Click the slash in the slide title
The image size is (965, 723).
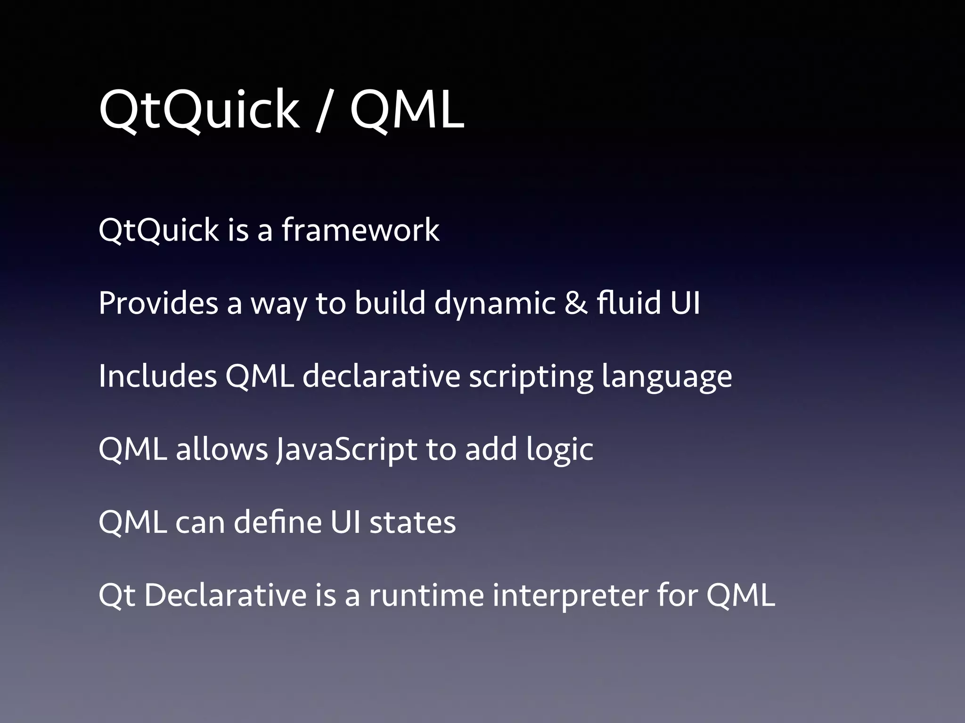coord(324,111)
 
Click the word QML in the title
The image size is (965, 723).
coord(407,111)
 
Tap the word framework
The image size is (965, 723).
coord(360,230)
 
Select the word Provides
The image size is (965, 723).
coord(158,303)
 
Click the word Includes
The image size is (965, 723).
coord(158,376)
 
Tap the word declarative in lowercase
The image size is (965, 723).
coord(381,376)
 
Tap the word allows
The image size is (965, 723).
coord(222,449)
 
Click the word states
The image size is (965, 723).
coord(412,523)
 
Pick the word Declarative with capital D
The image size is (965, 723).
coord(225,595)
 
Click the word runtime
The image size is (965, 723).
coord(426,595)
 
